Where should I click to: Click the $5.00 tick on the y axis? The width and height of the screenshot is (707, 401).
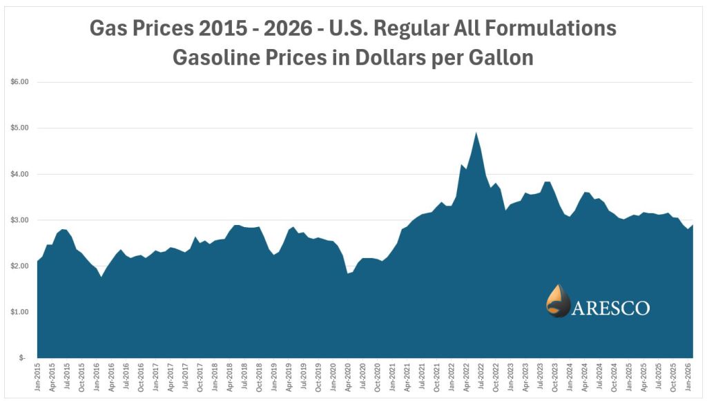[x=21, y=128]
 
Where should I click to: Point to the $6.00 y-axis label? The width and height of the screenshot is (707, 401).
[x=21, y=81]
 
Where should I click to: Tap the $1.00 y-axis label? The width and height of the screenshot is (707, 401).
[x=21, y=312]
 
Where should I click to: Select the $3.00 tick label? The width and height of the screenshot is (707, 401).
[x=21, y=220]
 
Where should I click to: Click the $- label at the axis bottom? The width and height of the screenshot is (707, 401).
[x=23, y=358]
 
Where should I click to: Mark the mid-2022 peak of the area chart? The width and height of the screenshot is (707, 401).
[x=476, y=133]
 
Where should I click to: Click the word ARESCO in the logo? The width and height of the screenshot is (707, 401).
[x=611, y=307]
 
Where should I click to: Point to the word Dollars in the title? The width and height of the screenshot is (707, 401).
[x=391, y=57]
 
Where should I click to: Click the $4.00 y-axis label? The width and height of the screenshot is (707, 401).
[x=21, y=174]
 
